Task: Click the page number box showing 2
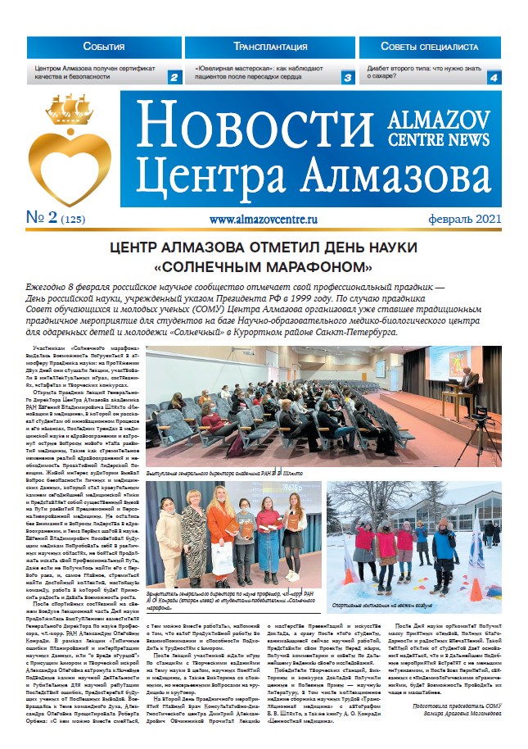[174, 78]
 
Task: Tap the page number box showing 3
[347, 78]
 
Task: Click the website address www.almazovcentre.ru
[263, 220]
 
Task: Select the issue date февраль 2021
[464, 220]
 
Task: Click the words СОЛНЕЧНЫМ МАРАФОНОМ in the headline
[264, 267]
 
